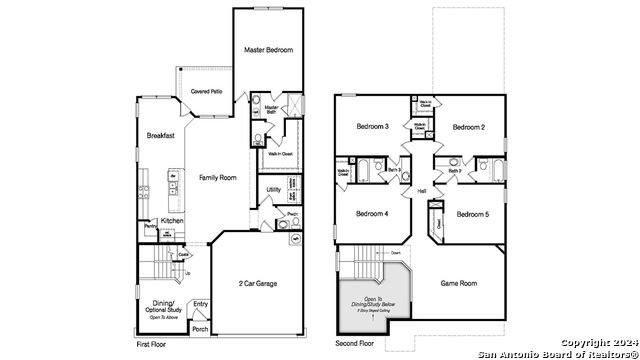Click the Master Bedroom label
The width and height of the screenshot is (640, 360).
pyautogui.click(x=269, y=49)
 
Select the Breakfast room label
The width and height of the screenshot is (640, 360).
pyautogui.click(x=161, y=136)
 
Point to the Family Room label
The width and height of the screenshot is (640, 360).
pyautogui.click(x=217, y=177)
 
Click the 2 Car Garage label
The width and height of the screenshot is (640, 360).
pyautogui.click(x=258, y=283)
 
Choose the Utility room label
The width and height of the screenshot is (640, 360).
pyautogui.click(x=273, y=190)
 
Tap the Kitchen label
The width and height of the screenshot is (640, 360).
pyautogui.click(x=172, y=220)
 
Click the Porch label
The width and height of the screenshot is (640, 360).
pyautogui.click(x=200, y=328)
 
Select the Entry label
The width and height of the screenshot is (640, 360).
pyautogui.click(x=201, y=304)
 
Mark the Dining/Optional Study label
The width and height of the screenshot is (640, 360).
pyautogui.click(x=163, y=307)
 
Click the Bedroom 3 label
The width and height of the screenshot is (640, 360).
pyautogui.click(x=372, y=127)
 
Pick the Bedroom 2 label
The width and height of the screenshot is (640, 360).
pyautogui.click(x=468, y=127)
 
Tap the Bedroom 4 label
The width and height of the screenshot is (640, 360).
pyautogui.click(x=372, y=213)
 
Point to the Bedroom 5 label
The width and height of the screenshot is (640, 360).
pyautogui.click(x=473, y=214)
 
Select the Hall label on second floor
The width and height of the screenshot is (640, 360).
pyautogui.click(x=421, y=190)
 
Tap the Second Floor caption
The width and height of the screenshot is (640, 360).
pyautogui.click(x=354, y=344)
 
